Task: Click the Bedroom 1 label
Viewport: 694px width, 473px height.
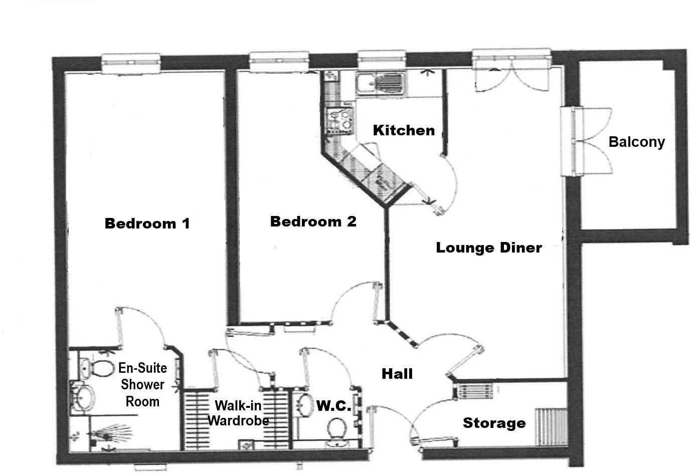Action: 147,223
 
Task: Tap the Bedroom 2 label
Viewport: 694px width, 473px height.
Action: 313,221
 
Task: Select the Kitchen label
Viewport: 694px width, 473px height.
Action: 404,130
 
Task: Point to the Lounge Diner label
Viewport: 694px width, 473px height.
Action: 488,248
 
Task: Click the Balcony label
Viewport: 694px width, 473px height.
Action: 636,142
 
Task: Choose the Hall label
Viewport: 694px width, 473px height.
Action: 397,374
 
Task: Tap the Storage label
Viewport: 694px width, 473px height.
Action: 494,423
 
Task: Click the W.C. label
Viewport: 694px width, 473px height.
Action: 333,406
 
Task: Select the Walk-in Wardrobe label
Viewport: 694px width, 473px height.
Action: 238,413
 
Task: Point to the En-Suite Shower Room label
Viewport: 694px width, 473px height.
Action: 142,385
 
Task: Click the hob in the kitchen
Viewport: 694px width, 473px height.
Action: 338,120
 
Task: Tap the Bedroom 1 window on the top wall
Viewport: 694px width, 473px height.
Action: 131,62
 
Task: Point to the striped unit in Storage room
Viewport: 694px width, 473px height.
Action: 551,426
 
